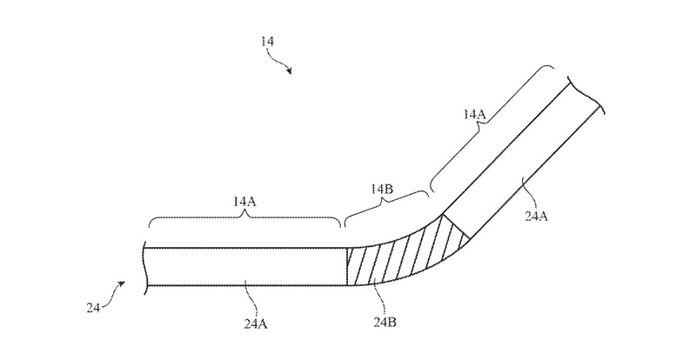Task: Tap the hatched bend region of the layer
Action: (400, 254)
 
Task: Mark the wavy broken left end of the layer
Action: (144, 266)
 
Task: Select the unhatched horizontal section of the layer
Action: (244, 266)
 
